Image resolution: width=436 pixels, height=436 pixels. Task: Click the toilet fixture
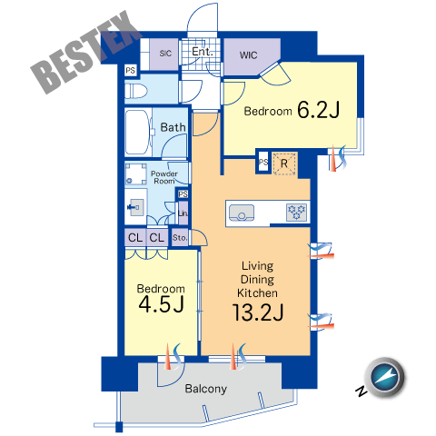(x=135, y=91)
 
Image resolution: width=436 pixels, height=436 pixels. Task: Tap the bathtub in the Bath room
(x=138, y=133)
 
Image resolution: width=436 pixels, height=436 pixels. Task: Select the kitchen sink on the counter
(x=242, y=213)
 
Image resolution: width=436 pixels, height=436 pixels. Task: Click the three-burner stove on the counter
(x=296, y=212)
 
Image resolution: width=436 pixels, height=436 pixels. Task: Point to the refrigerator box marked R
(x=284, y=163)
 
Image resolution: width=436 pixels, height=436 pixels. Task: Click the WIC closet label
(x=248, y=55)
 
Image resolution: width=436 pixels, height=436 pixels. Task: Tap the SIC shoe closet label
(x=165, y=54)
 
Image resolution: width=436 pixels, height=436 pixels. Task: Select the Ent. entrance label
(x=203, y=52)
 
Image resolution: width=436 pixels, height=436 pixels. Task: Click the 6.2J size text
(x=318, y=110)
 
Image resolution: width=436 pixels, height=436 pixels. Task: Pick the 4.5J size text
(x=161, y=304)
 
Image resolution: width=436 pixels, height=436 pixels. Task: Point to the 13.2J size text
(x=258, y=312)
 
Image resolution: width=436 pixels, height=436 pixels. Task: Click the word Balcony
(x=206, y=389)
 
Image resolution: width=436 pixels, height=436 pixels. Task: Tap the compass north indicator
(x=385, y=377)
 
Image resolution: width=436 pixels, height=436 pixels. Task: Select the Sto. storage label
(x=180, y=238)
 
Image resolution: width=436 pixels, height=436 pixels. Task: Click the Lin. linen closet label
(x=183, y=213)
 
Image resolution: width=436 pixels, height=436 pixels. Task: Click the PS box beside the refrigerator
(x=263, y=163)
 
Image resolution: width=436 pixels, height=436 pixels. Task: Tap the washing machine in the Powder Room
(x=135, y=174)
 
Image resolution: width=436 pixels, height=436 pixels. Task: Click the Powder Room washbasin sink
(x=136, y=207)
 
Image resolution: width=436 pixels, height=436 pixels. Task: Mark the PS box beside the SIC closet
(x=131, y=71)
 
